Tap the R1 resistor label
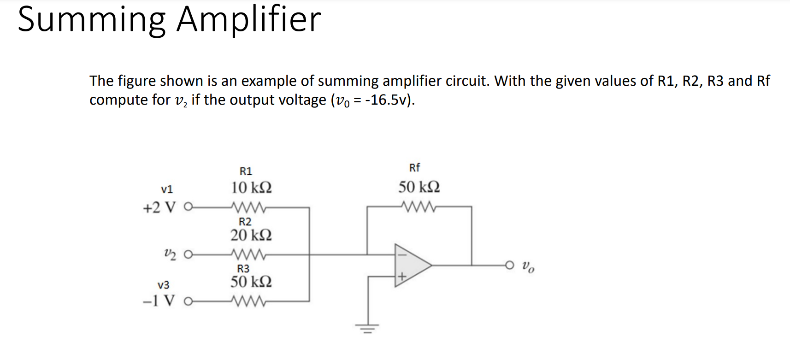[246, 171]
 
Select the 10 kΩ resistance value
[251, 188]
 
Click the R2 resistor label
[245, 222]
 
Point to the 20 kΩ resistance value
[251, 235]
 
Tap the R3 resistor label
[243, 269]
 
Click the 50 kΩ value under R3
[251, 282]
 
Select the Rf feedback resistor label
[414, 168]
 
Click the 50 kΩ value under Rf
[419, 187]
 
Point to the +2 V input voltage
[159, 208]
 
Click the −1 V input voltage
[159, 301]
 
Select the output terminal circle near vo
[509, 265]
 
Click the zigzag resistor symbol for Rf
[419, 207]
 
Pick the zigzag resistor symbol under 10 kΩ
[249, 208]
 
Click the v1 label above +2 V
[167, 189]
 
